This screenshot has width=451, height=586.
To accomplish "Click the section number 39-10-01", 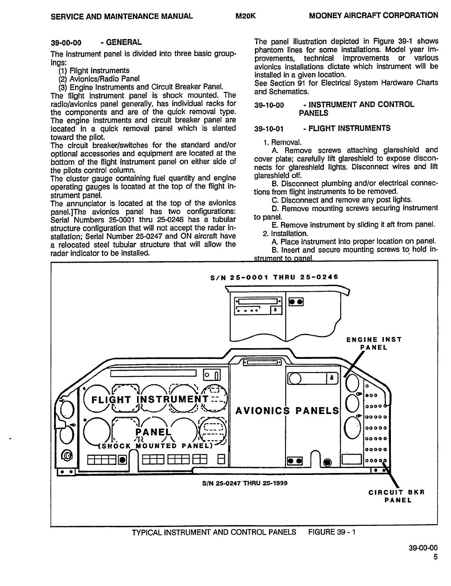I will click(x=269, y=129).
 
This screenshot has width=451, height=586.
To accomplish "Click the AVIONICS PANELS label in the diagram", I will click(x=287, y=411).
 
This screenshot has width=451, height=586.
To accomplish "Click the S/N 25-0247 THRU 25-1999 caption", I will click(x=245, y=483).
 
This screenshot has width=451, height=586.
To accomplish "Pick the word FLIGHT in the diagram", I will click(x=111, y=400).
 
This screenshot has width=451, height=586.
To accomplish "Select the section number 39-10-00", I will click(x=269, y=105).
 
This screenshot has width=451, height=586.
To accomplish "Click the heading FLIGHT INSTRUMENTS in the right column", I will click(x=350, y=128).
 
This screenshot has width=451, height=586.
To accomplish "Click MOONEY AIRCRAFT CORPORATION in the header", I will click(x=373, y=16).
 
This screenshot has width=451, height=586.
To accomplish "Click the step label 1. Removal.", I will click(x=282, y=142).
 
